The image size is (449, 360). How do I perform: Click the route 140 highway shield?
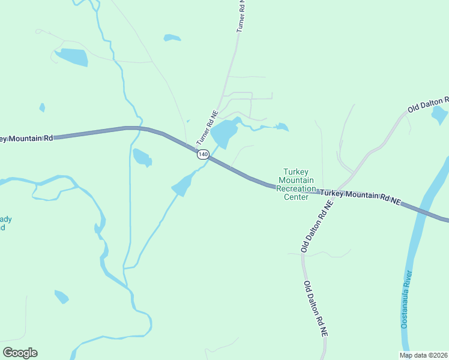point(203,154)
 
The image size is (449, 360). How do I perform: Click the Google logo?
point(20,353)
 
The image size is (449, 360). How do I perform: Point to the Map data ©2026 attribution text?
point(423,355)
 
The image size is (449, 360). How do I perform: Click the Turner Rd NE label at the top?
point(241,16)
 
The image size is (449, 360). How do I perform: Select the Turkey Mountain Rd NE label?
point(360,197)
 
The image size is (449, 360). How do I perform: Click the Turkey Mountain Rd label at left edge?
point(27,139)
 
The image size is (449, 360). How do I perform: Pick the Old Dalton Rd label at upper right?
point(428,104)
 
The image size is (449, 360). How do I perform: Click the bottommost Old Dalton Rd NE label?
point(316,308)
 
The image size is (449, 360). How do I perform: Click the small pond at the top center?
point(172,38)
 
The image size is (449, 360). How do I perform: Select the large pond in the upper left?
point(72,57)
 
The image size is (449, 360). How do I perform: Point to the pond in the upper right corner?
point(439,115)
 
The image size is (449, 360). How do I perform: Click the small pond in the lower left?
point(61,296)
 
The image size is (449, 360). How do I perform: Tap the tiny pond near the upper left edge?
point(42,108)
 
